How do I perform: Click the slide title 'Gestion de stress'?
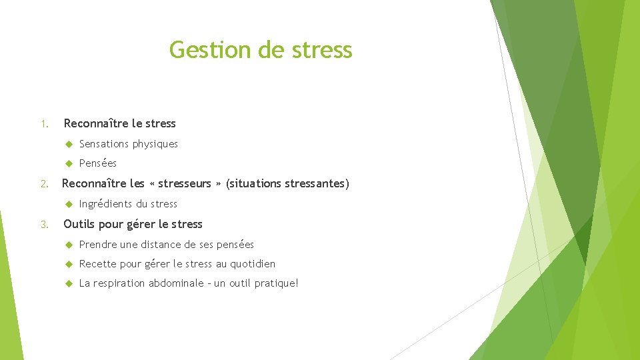point(261,50)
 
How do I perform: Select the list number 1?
point(43,124)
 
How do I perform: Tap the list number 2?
point(43,184)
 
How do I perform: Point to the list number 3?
point(43,225)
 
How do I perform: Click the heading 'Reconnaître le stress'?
point(119,123)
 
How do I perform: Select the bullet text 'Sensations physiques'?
point(128,144)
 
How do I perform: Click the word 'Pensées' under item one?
point(97,163)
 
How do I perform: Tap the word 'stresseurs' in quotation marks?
point(184,183)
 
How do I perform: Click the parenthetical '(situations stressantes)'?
point(287,183)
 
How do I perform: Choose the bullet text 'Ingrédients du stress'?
point(128,204)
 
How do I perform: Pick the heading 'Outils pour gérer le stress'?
point(133,224)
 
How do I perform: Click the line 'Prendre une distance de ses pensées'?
point(166,245)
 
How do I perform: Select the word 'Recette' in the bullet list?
point(98,264)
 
